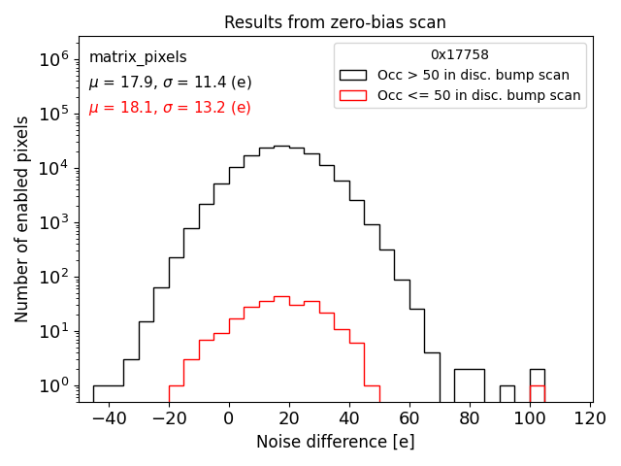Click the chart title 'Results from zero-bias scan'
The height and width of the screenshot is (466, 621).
(335, 22)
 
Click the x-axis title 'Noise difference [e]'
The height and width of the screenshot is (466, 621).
(335, 442)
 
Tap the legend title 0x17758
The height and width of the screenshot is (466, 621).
(460, 55)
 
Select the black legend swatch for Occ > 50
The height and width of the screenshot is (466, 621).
(352, 75)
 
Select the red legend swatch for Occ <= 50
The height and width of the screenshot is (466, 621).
(352, 95)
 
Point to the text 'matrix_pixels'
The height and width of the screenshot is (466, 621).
(138, 57)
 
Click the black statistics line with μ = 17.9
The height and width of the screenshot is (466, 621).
(170, 83)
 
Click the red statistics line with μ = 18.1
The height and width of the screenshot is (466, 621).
(170, 108)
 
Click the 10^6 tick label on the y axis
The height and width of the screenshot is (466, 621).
(55, 58)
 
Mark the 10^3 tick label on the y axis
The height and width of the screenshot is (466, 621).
(55, 222)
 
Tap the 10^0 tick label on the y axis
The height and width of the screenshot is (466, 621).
(55, 385)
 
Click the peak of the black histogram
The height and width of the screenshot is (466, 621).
(281, 147)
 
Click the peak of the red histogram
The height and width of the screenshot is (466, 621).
(281, 297)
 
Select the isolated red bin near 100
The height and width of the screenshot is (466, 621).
(537, 393)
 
